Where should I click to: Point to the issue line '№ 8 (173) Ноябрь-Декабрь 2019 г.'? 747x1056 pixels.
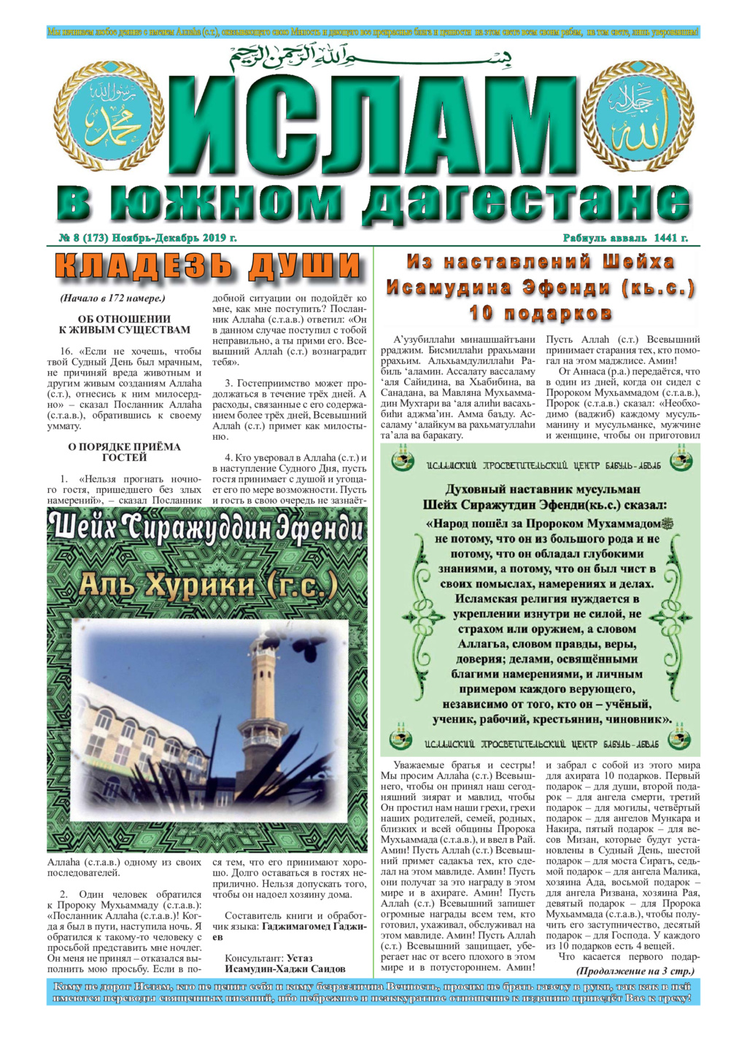[147, 238]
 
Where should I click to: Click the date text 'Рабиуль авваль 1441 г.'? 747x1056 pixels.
[625, 238]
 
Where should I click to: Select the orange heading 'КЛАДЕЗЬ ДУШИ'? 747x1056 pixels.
[208, 265]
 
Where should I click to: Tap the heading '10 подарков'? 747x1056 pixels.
[540, 314]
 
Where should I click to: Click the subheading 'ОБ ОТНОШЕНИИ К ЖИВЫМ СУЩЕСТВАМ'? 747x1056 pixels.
[124, 324]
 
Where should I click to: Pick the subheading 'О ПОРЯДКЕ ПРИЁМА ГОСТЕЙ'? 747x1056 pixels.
[124, 451]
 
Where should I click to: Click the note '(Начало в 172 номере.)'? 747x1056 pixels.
[112, 298]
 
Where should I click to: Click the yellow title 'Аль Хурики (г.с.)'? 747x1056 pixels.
[208, 584]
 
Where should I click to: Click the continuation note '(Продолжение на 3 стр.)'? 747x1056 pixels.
[635, 971]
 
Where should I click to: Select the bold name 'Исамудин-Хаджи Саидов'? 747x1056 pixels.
[285, 969]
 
